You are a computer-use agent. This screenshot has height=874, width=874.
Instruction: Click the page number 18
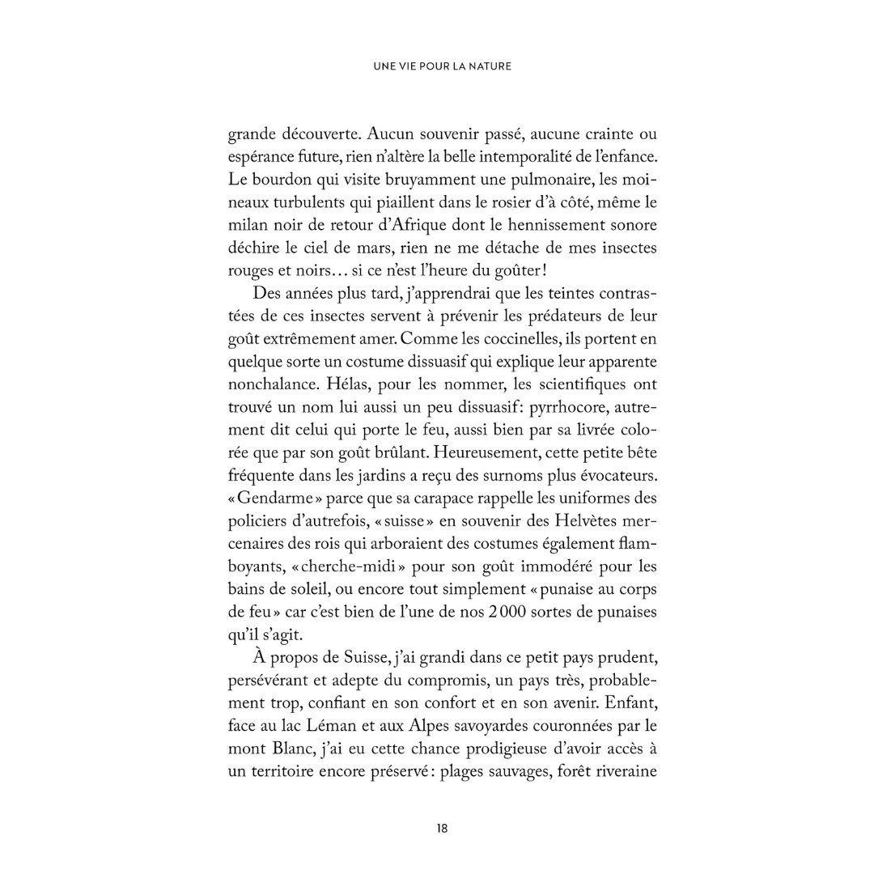click(442, 828)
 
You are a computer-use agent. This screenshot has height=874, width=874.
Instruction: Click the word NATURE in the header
click(488, 66)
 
